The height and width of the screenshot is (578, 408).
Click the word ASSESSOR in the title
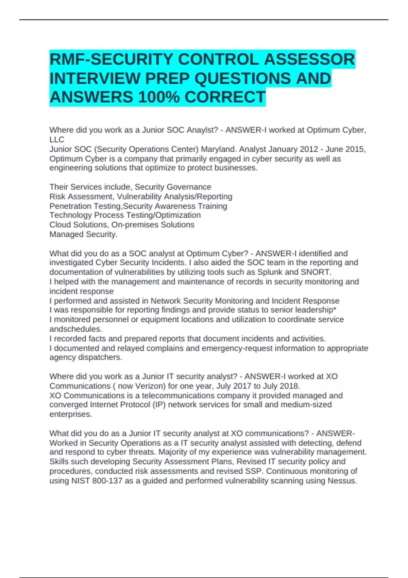point(309,60)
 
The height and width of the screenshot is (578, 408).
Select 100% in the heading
point(159,97)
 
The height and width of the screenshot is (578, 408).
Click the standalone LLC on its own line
point(57,139)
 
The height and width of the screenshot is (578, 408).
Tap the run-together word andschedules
point(75,329)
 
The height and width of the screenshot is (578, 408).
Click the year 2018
point(289,386)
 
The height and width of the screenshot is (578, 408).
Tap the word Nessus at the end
point(342,481)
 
